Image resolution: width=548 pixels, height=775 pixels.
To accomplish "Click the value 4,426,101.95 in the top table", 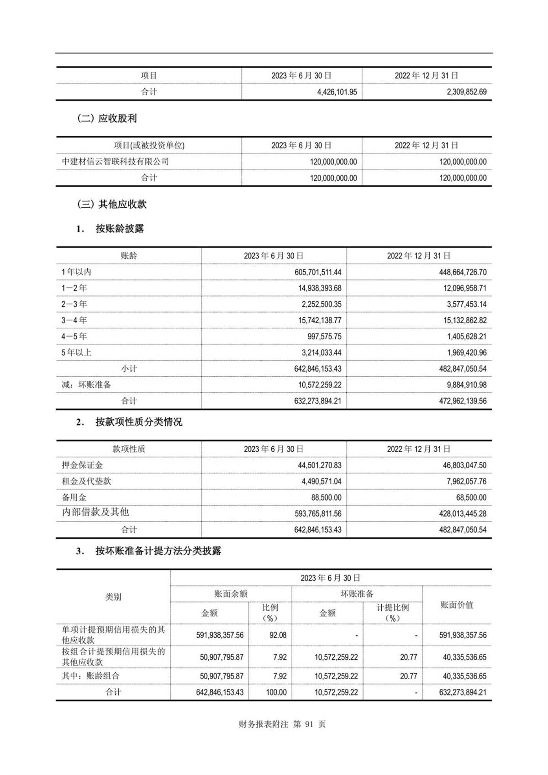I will pos(337,92).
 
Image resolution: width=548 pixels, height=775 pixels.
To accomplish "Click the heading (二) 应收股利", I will pos(107,118).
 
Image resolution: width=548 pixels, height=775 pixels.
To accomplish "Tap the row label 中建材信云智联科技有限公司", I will pos(115,162).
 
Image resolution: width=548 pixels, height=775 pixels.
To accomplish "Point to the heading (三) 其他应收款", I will pos(112,204).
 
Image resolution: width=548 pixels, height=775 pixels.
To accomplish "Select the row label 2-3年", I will pos(74,304).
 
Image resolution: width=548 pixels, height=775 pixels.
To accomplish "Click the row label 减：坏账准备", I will pos(86,385).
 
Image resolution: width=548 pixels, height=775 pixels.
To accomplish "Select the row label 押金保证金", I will pos(82,465).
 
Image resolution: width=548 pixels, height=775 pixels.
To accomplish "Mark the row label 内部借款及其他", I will pos(95,512).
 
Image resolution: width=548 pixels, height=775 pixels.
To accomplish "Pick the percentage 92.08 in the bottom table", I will pos(278,635).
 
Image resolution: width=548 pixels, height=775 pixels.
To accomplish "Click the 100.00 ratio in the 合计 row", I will pos(276,692).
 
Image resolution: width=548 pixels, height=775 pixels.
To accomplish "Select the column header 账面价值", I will pos(457,605).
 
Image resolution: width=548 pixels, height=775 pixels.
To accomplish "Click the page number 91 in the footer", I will pos(310,724).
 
